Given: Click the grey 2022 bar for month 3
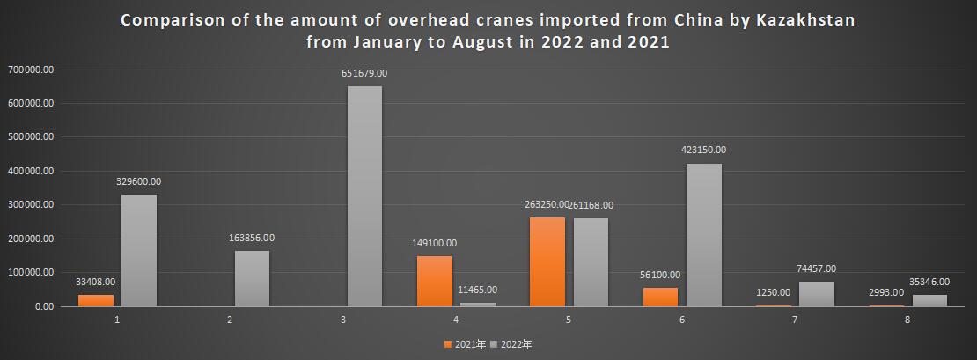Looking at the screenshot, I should tap(364, 195).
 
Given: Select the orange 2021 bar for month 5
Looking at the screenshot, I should tap(547, 261).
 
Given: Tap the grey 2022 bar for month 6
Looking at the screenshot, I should tap(703, 235).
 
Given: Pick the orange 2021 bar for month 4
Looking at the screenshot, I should tap(434, 281).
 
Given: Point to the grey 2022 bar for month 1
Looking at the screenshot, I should tap(139, 250).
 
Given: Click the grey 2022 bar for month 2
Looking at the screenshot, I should tap(252, 278).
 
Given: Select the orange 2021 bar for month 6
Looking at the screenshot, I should tap(661, 297).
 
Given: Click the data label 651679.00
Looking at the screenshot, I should tap(364, 74).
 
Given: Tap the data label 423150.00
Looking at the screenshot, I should tap(703, 151).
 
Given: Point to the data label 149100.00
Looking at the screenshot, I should tap(434, 243).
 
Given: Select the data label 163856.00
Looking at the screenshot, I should tap(252, 238).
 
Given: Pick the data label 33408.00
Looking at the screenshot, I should tap(97, 282).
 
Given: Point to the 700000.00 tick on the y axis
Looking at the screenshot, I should tap(31, 70).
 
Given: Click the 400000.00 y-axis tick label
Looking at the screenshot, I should tap(31, 171).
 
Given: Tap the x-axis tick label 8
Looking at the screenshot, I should tap(907, 320).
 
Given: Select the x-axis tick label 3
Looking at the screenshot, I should tap(343, 320).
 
